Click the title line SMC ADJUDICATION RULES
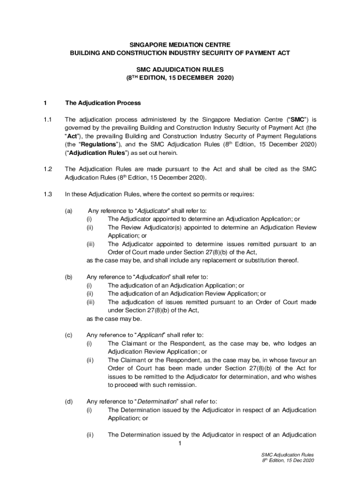tap(180, 69)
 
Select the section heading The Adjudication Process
tap(102, 103)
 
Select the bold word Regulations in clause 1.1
tap(98, 144)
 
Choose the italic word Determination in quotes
tap(157, 401)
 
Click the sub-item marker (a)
tap(69, 211)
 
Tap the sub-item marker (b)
tap(69, 277)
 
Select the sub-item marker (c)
tap(69, 335)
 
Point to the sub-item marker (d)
tap(69, 401)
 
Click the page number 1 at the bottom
tap(180, 443)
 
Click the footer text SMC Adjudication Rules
tap(288, 454)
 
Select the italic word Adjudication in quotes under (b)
tap(155, 277)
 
